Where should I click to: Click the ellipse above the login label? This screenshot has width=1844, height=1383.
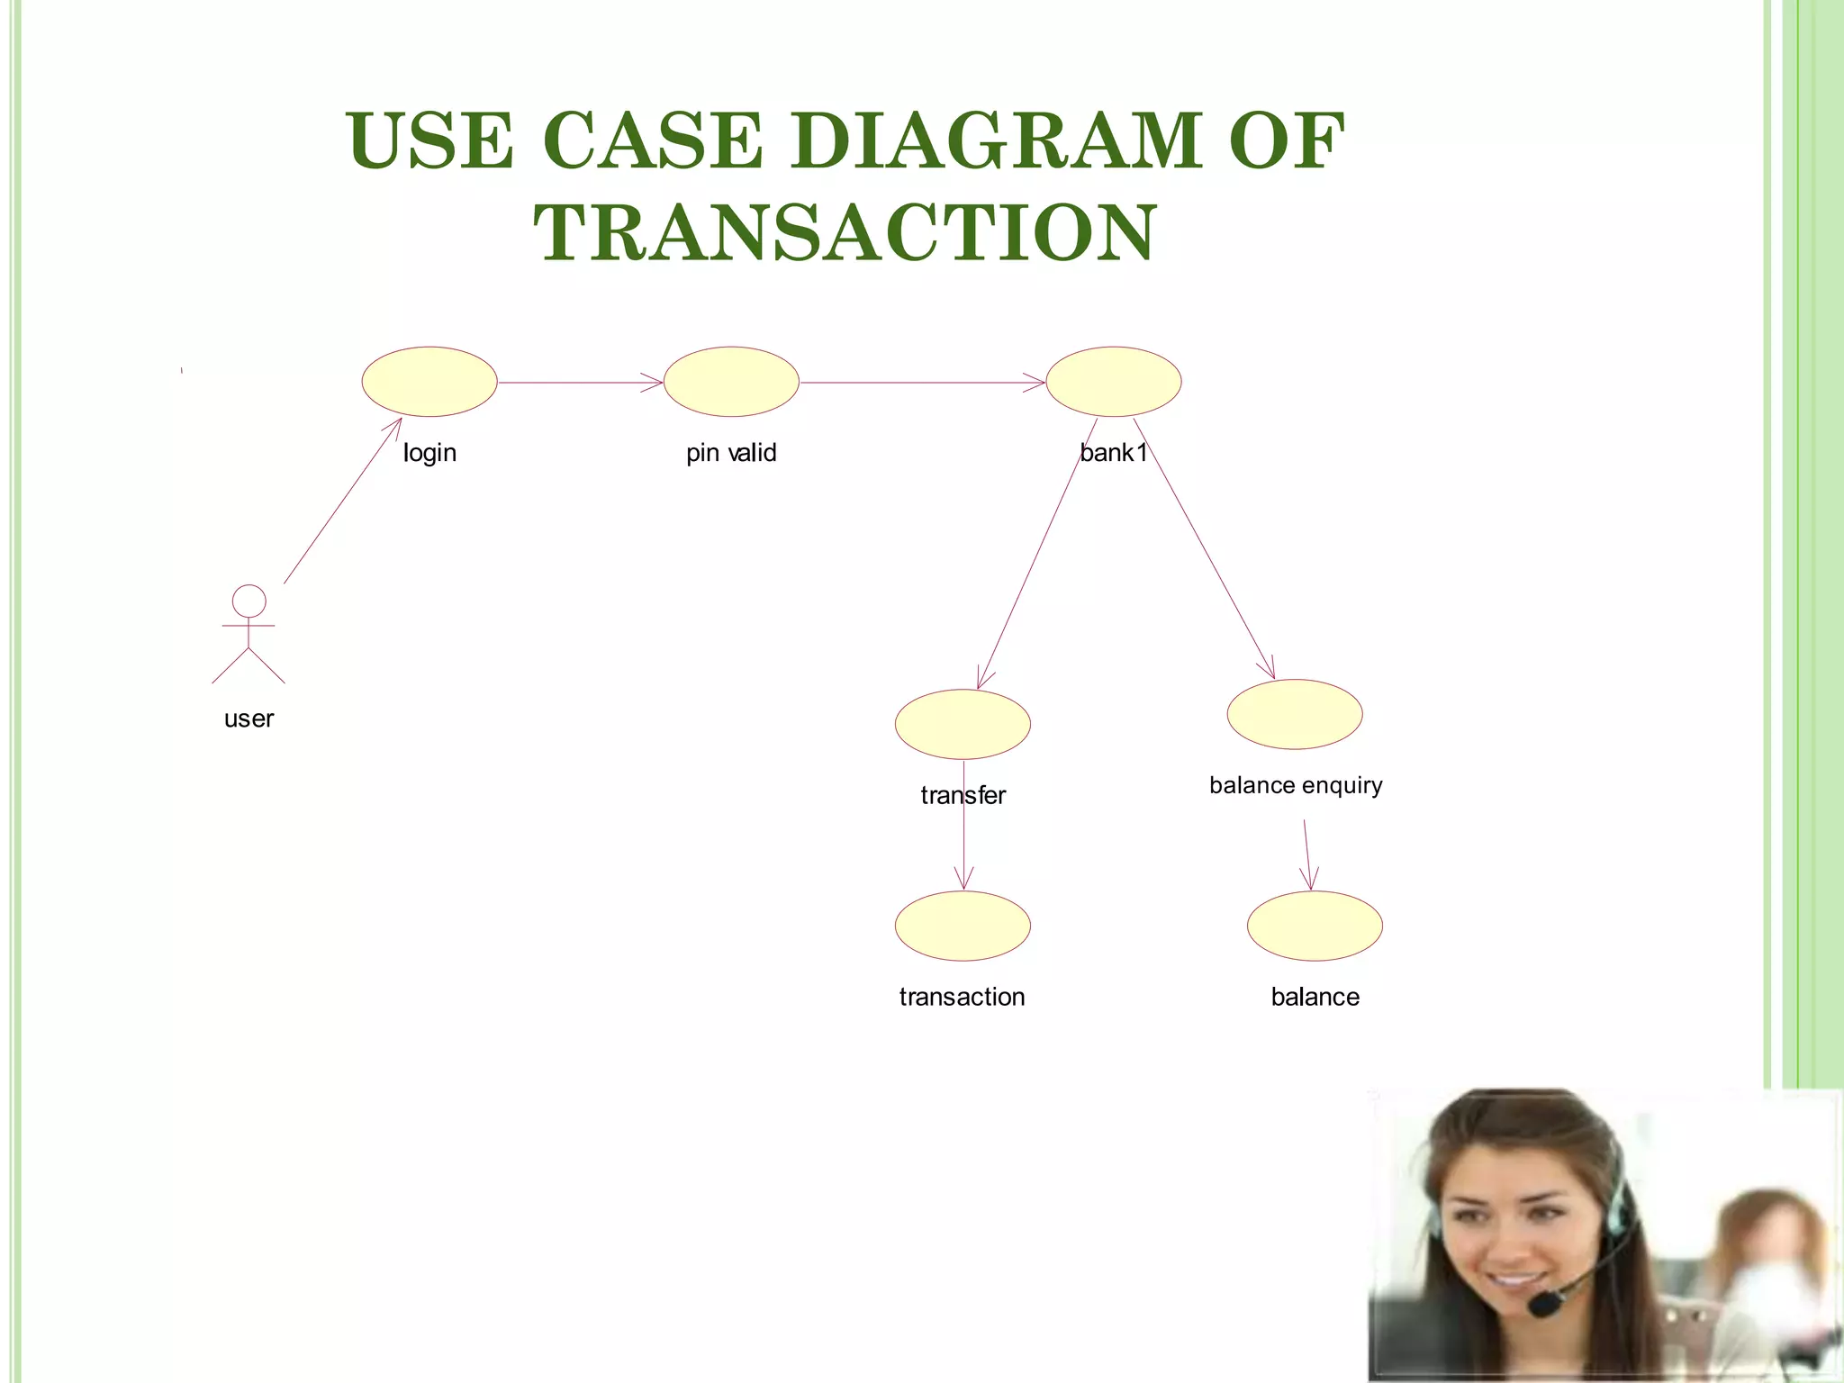coord(429,382)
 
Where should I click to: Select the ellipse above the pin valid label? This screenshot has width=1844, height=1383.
coord(731,382)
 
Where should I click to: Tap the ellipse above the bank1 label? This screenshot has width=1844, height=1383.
coord(1114,382)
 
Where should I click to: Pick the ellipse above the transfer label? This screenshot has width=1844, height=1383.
coord(963,724)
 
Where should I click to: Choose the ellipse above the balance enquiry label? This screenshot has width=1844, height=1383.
coord(1295,714)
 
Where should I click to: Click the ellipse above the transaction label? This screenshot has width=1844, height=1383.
coord(963,926)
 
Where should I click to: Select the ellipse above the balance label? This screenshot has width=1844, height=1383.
coord(1315,926)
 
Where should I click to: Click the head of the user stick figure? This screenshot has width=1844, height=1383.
coord(249,601)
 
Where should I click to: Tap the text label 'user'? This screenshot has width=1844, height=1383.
coord(249,719)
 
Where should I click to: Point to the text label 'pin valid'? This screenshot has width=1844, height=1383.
coord(731,452)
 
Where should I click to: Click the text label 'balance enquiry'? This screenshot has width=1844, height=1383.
coord(1296,785)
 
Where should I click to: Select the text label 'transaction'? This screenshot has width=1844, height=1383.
coord(962,997)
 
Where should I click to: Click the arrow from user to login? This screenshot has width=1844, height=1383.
coord(342,501)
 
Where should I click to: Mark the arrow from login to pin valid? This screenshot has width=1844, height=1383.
coord(581,383)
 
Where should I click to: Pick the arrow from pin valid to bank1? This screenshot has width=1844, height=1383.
coord(923,383)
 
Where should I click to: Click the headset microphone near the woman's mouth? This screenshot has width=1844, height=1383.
coord(1546,1303)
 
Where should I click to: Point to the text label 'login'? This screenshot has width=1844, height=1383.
coord(429,452)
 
